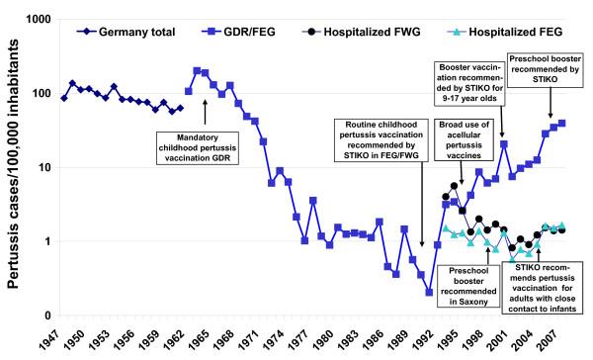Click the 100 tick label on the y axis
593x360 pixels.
40,94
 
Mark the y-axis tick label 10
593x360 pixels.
42,168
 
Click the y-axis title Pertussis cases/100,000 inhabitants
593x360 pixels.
12,178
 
